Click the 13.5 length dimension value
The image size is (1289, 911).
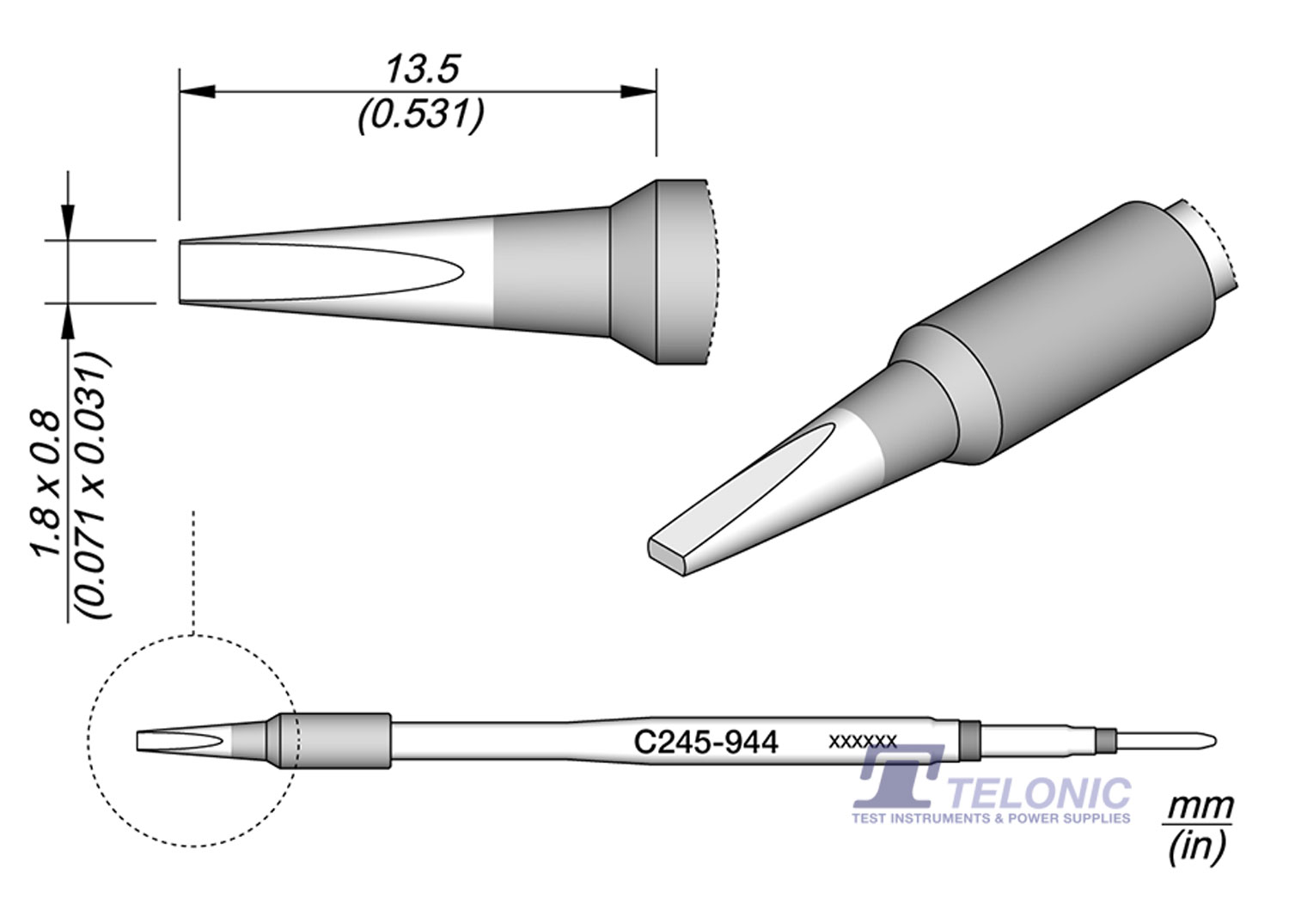pos(422,70)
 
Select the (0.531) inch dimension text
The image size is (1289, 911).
pos(421,114)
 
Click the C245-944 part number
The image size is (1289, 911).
pos(706,741)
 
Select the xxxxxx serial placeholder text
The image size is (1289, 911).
pos(863,741)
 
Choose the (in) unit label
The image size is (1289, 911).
pos(1196,847)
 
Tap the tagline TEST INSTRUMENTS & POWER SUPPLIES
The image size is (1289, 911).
pos(991,818)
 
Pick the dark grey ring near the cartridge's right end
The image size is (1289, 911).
pos(969,741)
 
